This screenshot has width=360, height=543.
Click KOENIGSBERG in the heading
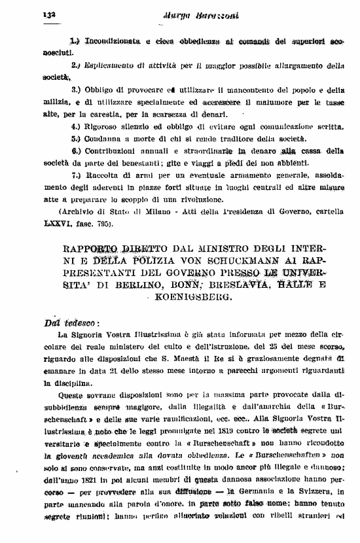(x=192, y=296)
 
